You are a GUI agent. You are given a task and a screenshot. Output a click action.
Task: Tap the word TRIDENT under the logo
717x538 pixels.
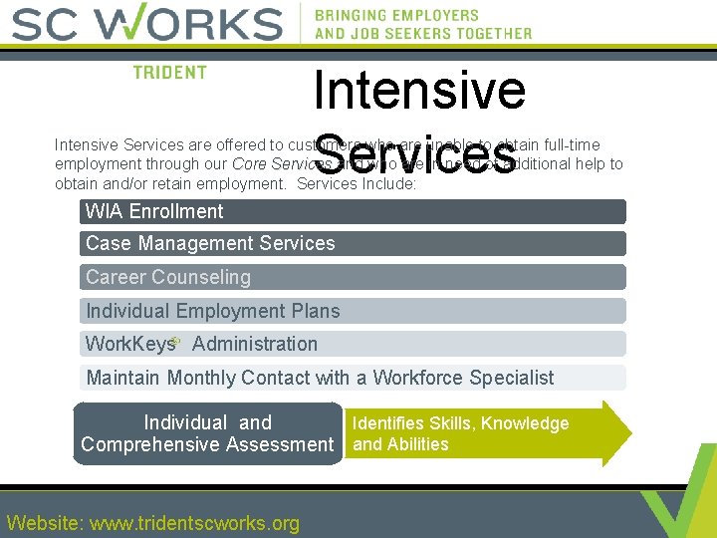pyautogui.click(x=170, y=72)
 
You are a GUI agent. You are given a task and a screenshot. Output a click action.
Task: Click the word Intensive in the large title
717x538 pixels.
pyautogui.click(x=419, y=90)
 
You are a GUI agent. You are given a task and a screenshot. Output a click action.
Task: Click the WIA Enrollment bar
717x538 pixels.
pyautogui.click(x=353, y=211)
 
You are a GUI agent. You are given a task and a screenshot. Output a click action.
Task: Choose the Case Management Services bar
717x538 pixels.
pyautogui.click(x=353, y=243)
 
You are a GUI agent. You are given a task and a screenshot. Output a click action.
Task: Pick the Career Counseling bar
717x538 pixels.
pyautogui.click(x=353, y=277)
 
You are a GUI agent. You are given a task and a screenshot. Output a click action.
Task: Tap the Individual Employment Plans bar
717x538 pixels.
pyautogui.click(x=353, y=311)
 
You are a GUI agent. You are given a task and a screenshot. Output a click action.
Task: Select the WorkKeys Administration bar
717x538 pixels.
pyautogui.click(x=353, y=344)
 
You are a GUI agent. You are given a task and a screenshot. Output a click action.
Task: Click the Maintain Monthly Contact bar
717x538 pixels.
pyautogui.click(x=353, y=378)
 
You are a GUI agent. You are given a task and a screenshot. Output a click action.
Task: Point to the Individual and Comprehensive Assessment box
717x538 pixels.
pyautogui.click(x=207, y=433)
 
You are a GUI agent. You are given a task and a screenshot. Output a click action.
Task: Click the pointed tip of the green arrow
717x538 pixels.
pyautogui.click(x=628, y=433)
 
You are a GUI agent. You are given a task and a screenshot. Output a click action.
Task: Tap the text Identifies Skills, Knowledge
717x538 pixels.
pyautogui.click(x=461, y=423)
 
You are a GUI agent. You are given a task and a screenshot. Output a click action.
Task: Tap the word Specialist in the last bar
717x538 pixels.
pyautogui.click(x=511, y=378)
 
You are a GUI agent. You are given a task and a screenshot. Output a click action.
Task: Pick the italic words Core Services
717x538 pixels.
pyautogui.click(x=282, y=164)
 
